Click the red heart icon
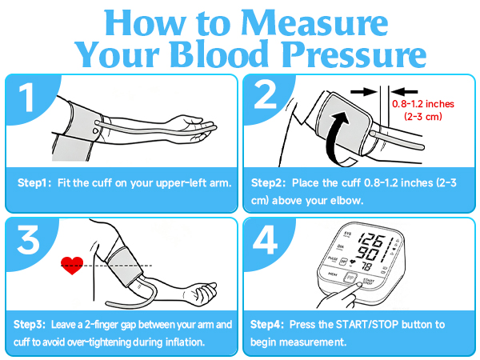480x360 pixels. (x=72, y=266)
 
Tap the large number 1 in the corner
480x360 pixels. (x=27, y=98)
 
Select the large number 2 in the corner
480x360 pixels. (x=266, y=94)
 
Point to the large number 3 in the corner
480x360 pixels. (x=28, y=240)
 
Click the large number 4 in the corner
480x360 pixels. (x=265, y=240)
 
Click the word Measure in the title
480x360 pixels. (x=314, y=23)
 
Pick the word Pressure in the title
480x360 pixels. (x=354, y=54)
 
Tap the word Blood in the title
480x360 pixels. (x=219, y=54)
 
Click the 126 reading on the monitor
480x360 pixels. (x=372, y=240)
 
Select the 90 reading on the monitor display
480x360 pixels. (x=368, y=254)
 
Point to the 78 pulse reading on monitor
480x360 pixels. (x=366, y=266)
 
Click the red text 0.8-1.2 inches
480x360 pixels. (x=423, y=104)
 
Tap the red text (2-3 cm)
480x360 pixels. (x=423, y=117)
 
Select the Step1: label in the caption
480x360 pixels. (x=32, y=182)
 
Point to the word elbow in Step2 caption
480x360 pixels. (x=347, y=201)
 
